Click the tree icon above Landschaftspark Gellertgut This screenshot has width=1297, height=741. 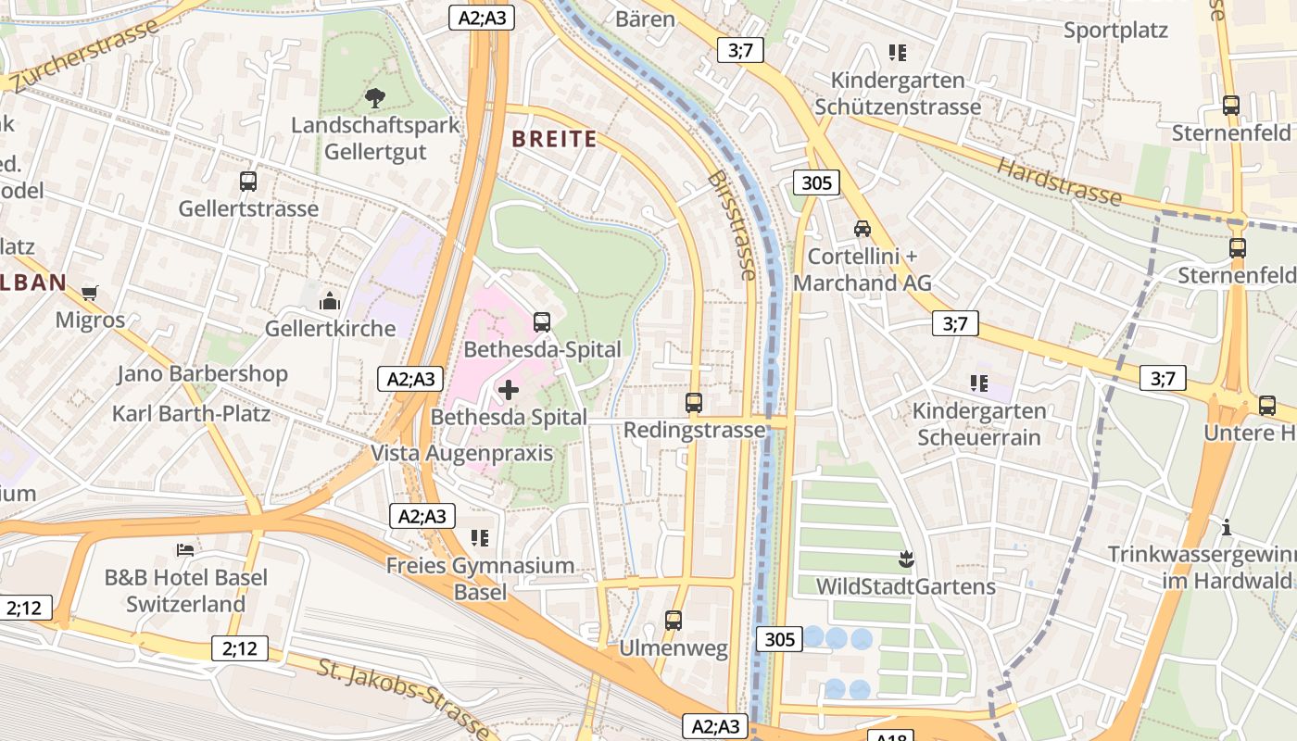[x=375, y=97]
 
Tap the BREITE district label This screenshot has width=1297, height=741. [x=554, y=139]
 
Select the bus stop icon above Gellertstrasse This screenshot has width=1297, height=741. [x=247, y=182]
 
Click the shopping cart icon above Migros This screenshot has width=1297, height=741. [x=90, y=294]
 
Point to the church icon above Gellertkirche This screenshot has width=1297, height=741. [x=330, y=301]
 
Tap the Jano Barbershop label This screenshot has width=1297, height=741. [x=202, y=374]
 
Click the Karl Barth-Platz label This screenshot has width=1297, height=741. [x=191, y=413]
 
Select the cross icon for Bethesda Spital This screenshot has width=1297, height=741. [x=509, y=390]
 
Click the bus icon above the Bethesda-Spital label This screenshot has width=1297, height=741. [x=542, y=322]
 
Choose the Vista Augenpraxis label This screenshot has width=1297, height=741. [x=461, y=453]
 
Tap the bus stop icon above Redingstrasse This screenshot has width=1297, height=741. [x=694, y=403]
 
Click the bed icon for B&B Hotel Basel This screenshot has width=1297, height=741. [x=185, y=550]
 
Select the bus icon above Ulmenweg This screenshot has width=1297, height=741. [x=674, y=621]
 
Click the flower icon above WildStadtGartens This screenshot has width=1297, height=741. [x=905, y=559]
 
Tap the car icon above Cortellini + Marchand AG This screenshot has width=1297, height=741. [x=862, y=228]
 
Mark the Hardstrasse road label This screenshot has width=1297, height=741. [x=1059, y=181]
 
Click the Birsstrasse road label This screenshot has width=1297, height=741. [x=732, y=224]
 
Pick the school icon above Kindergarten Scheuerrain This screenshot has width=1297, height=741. [x=978, y=383]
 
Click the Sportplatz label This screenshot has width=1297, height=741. [x=1115, y=30]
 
